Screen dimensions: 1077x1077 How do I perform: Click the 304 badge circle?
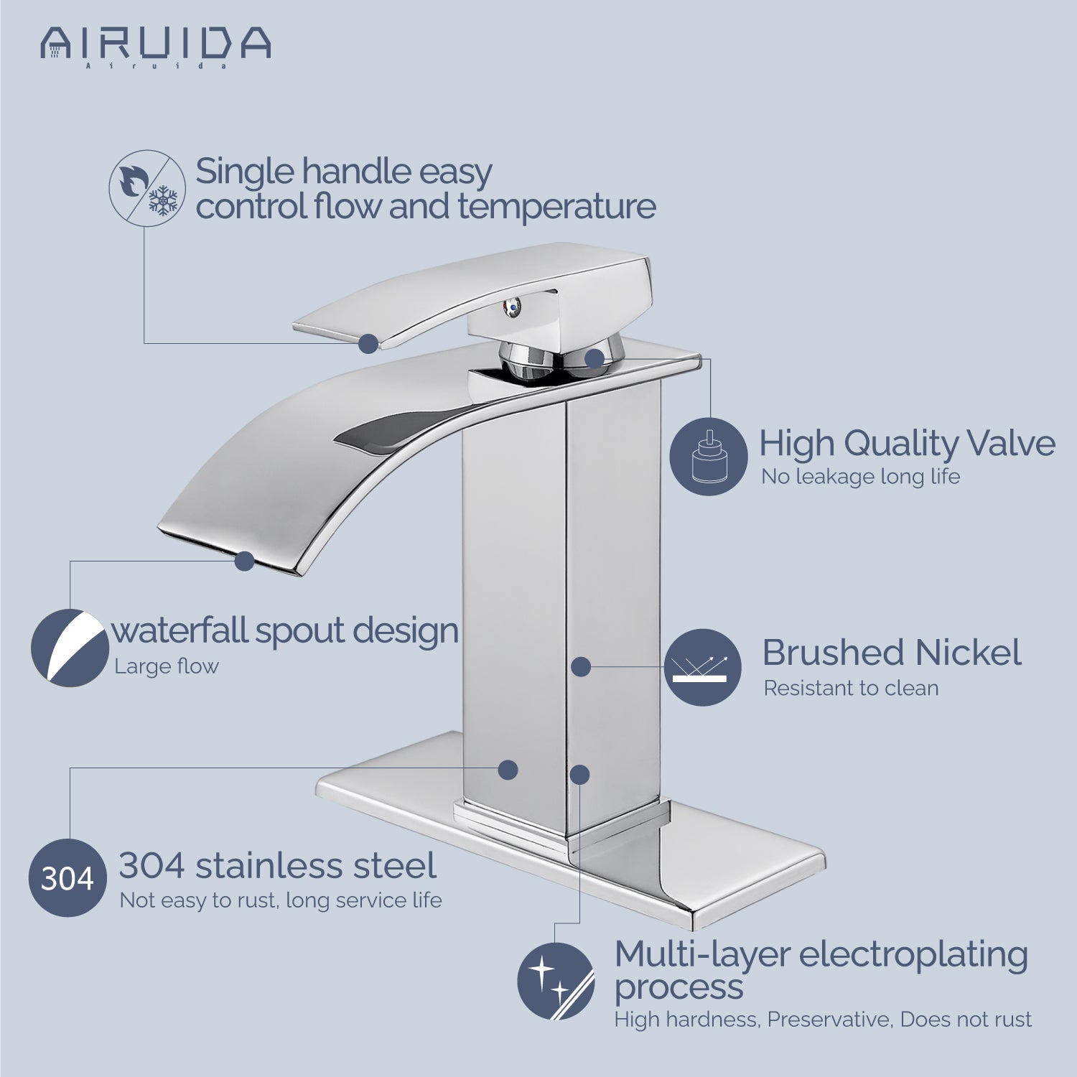point(67,877)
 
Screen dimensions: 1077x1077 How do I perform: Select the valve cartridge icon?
point(709,457)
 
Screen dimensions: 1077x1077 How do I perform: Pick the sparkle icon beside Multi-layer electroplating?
point(556,981)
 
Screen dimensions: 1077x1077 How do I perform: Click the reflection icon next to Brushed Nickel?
point(702,667)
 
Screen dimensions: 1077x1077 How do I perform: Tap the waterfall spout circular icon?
point(70,648)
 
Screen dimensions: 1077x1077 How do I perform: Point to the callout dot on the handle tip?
point(368,343)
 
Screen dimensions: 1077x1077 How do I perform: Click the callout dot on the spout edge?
point(245,561)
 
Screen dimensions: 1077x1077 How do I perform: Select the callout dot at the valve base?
point(595,358)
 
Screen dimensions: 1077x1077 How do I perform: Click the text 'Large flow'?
point(167,666)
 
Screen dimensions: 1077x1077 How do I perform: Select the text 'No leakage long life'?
point(860,476)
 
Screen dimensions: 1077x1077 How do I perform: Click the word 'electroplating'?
point(913,956)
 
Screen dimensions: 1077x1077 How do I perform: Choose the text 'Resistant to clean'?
point(851,688)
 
